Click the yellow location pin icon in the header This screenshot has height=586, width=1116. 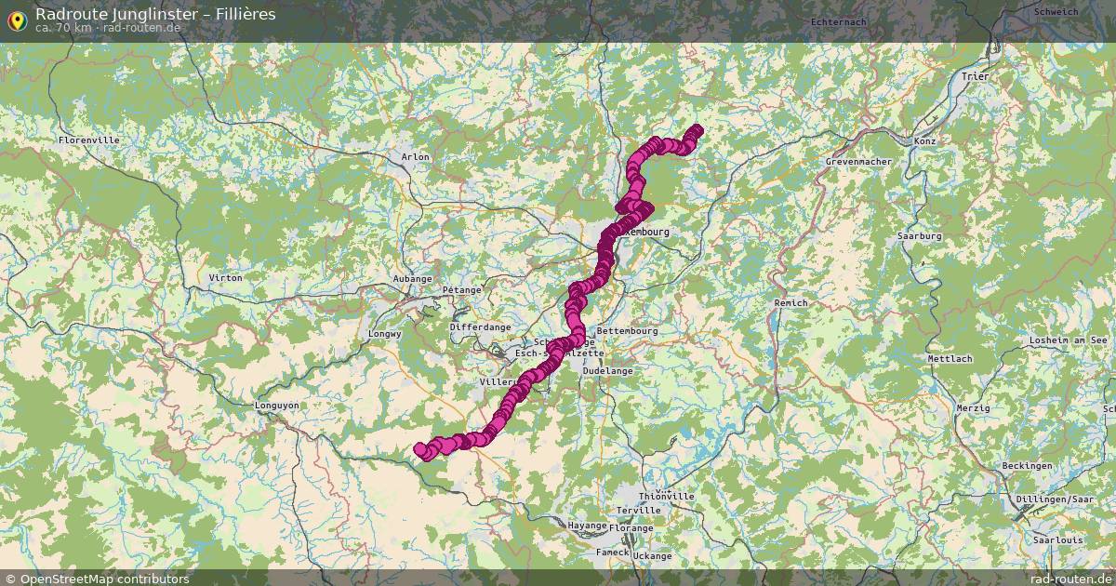tap(16, 20)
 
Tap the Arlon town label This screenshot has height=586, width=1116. tap(415, 157)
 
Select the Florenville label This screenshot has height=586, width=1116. tap(88, 140)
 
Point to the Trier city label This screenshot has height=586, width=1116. tap(976, 76)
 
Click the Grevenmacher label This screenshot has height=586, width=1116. tap(858, 162)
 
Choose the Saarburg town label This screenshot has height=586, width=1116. tap(919, 236)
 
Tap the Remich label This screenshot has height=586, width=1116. tap(790, 303)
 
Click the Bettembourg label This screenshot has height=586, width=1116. tap(627, 331)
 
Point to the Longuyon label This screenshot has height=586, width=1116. tap(277, 406)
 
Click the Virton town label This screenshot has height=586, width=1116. tap(225, 278)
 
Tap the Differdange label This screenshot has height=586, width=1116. tap(480, 327)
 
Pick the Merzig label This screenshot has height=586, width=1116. tap(973, 408)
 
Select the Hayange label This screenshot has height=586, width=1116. tap(587, 526)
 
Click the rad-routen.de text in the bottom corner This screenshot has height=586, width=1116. tap(1070, 579)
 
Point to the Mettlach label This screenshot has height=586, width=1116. tap(950, 359)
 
